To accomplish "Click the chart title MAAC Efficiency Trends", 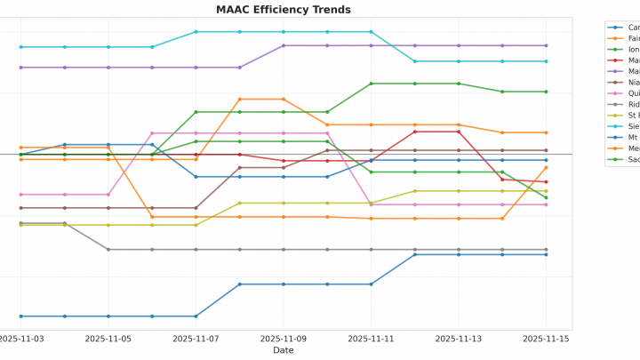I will (284, 10).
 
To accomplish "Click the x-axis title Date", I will (284, 350).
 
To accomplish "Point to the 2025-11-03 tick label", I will (21, 339).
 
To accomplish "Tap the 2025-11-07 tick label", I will (196, 339).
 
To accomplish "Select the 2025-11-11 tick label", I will (371, 339).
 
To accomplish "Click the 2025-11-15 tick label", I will (546, 339).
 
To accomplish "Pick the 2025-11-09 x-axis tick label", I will (284, 339).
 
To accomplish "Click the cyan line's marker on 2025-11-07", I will (196, 32).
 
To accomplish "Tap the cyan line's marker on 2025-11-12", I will (415, 61).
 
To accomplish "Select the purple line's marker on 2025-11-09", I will (284, 45).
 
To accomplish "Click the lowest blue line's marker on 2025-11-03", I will (21, 316).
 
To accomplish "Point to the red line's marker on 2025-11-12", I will (415, 132).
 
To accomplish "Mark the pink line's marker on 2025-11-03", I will (21, 195).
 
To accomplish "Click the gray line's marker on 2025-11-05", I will (108, 250).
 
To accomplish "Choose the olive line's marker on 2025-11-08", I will (240, 203).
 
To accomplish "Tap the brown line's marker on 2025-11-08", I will (240, 167).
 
